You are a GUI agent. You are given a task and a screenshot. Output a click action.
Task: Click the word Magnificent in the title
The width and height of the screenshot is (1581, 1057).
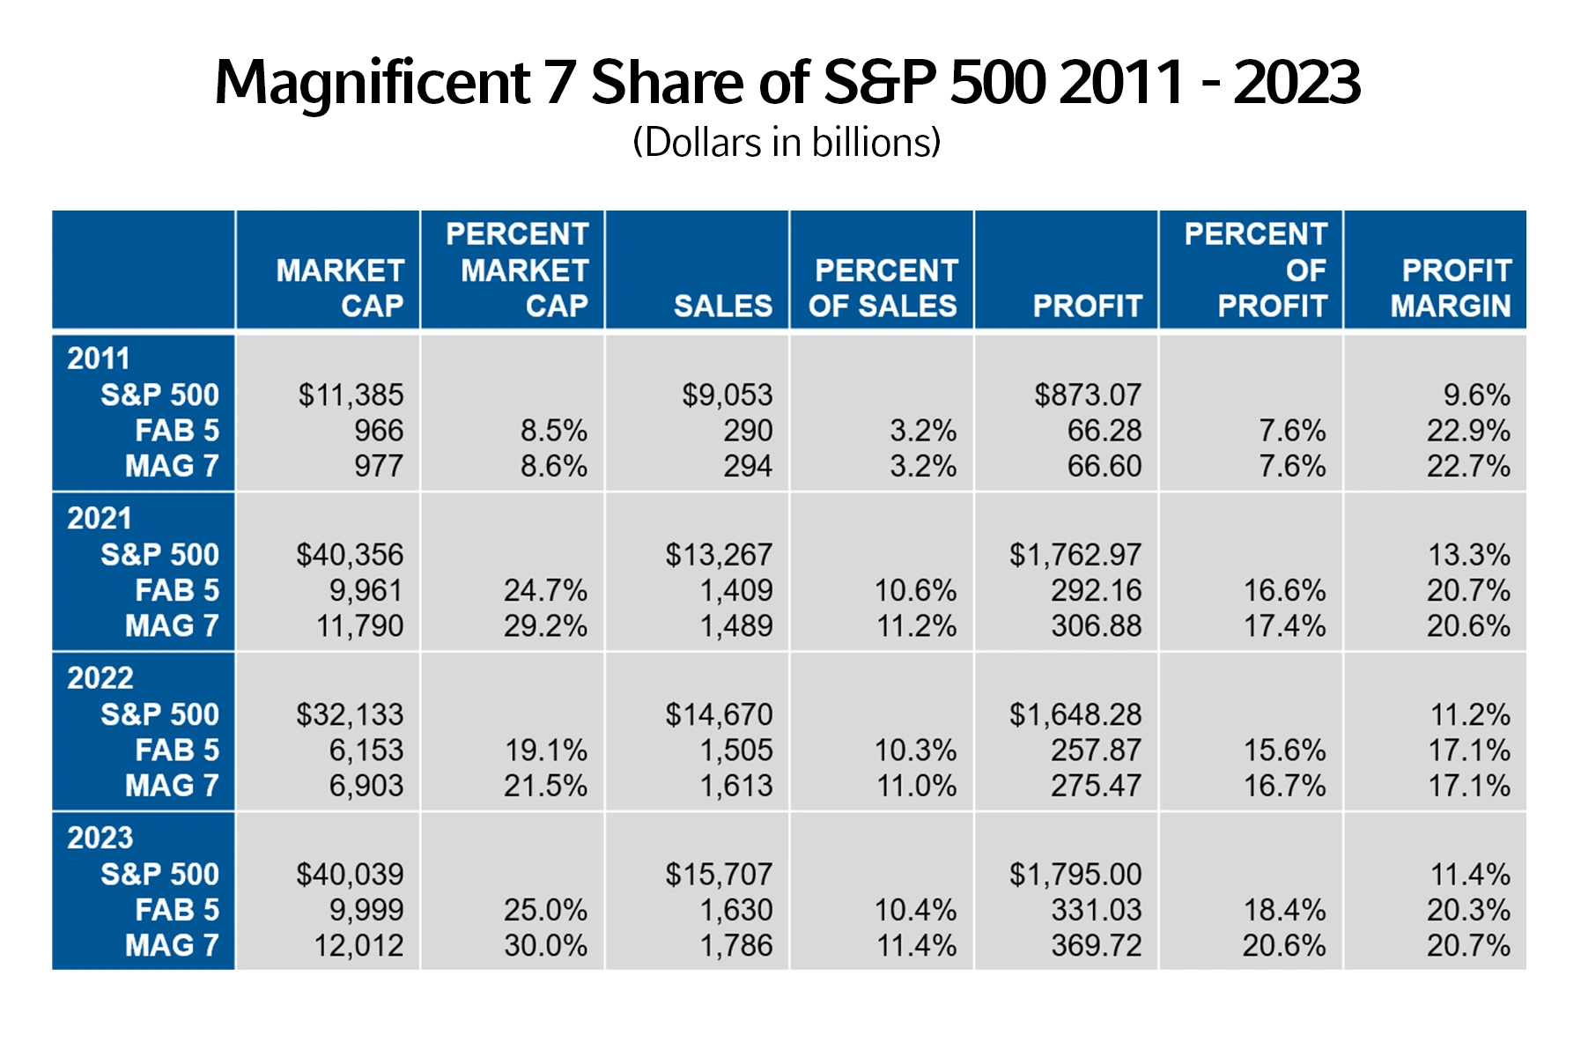(x=373, y=84)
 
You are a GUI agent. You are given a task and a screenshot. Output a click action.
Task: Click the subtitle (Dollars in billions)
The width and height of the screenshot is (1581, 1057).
(x=787, y=143)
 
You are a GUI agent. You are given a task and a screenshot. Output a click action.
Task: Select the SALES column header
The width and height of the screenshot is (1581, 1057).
(x=723, y=306)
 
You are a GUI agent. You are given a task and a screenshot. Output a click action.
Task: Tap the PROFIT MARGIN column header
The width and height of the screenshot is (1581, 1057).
(x=1451, y=288)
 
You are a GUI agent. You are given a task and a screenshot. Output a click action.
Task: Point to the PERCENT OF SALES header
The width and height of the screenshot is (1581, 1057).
(x=883, y=288)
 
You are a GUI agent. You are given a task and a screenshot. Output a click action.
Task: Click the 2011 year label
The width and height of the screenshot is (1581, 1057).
(x=99, y=358)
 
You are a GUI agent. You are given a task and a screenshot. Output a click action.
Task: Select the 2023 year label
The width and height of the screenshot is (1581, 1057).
(x=100, y=838)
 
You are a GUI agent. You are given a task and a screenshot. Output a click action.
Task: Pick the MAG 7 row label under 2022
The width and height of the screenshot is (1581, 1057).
(x=172, y=785)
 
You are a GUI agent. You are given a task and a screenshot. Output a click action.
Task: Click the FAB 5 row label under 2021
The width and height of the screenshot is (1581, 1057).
(x=177, y=589)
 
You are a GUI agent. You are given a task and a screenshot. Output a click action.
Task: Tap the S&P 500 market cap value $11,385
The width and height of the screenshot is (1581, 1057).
(x=351, y=395)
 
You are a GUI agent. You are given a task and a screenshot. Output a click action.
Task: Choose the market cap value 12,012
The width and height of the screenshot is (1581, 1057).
(x=358, y=945)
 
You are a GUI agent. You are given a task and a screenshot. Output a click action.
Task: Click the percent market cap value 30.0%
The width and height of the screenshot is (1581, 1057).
(x=545, y=945)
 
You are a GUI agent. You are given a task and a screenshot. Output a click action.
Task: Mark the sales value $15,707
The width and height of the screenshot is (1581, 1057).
(x=719, y=874)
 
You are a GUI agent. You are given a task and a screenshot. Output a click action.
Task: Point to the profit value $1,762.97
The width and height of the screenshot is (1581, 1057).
(x=1075, y=554)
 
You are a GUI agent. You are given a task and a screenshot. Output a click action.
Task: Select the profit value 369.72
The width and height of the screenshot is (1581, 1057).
(x=1097, y=945)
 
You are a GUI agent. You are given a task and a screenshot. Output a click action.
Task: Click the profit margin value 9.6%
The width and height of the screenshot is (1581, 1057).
(x=1477, y=395)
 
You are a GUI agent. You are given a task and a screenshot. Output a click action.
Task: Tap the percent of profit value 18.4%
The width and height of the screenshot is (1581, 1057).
(x=1285, y=909)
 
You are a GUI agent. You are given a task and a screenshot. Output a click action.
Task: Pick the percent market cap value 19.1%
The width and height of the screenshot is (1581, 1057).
(x=546, y=750)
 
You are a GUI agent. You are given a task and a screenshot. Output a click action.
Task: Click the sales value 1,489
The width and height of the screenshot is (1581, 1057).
(x=736, y=625)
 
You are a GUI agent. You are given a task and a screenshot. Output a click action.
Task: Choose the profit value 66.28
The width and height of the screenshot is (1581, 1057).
(x=1104, y=430)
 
